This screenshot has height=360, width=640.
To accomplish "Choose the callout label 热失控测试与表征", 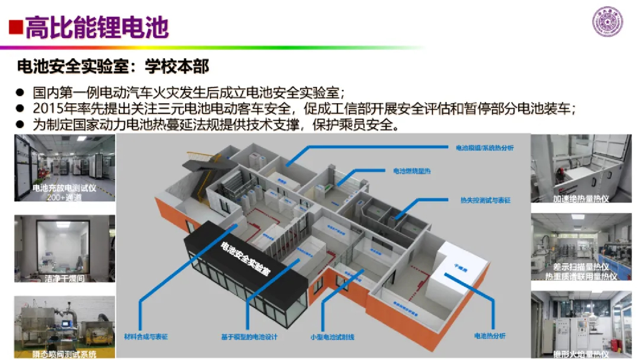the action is coord(481,201).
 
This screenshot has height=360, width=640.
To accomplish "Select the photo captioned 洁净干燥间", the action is coord(65,246).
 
